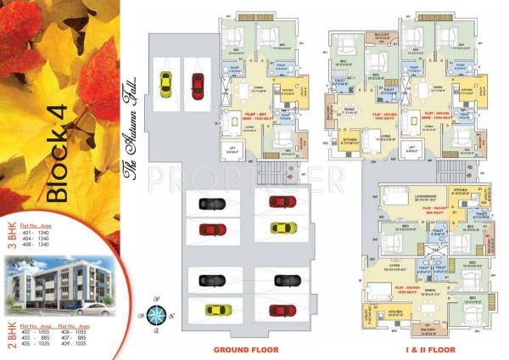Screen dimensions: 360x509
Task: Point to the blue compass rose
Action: coord(156,312)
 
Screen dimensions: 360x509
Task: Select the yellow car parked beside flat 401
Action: coord(165,84)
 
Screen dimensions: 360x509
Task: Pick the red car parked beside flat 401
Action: coord(197,84)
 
